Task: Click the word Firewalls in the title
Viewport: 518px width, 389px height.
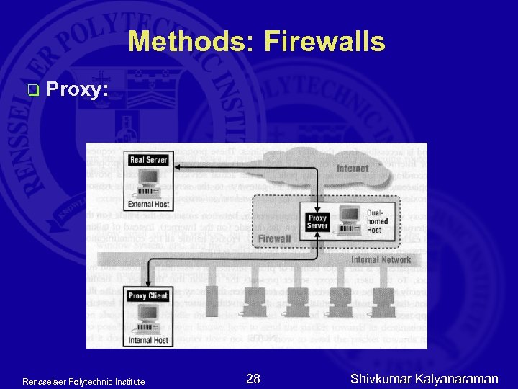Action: (324, 43)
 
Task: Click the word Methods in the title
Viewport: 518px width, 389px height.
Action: (191, 43)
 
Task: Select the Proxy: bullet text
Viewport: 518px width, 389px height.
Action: (78, 89)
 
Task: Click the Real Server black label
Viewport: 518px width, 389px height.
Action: (148, 159)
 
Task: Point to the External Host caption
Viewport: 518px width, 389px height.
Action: (148, 204)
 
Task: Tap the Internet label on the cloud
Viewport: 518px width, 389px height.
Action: (352, 169)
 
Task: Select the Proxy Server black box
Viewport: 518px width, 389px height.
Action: (317, 223)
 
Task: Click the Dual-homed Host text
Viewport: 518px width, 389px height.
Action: (377, 221)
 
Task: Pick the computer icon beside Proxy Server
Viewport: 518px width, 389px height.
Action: (350, 220)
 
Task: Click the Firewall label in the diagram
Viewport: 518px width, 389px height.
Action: (274, 238)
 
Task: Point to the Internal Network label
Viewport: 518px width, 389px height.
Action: (381, 260)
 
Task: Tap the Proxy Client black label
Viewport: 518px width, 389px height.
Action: (148, 296)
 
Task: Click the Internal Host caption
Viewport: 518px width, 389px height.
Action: (148, 340)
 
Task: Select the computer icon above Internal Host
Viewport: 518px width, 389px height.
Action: (148, 318)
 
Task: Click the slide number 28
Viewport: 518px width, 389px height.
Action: (253, 379)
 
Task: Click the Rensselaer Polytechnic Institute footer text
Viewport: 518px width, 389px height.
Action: (83, 381)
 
